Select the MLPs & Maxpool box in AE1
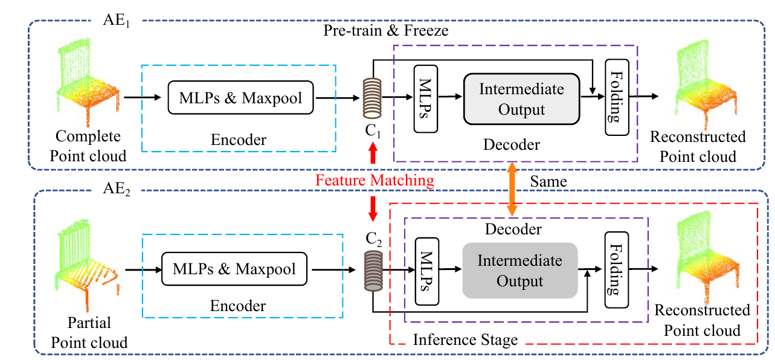point(241,97)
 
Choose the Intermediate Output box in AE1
point(521,100)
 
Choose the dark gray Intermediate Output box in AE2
point(519,271)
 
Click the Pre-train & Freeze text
point(387,30)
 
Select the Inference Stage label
point(465,340)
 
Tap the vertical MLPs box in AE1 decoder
point(425,98)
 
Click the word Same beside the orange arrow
point(547,181)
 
